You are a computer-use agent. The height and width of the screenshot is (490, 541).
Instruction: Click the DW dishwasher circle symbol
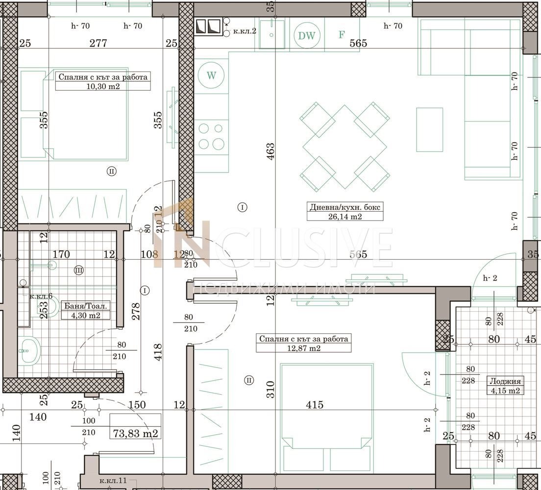[307, 35]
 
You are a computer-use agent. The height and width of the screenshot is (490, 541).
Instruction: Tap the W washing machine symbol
[211, 75]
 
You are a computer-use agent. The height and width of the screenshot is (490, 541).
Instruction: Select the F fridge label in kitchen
[342, 35]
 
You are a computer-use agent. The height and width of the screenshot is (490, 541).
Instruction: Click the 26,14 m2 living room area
[345, 216]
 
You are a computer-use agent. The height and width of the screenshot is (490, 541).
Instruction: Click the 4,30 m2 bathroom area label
[86, 315]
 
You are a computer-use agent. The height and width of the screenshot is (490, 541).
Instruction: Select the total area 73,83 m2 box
[135, 433]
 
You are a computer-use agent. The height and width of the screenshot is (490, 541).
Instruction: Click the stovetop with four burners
[211, 137]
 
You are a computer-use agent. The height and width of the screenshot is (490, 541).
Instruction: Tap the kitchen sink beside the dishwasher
[272, 34]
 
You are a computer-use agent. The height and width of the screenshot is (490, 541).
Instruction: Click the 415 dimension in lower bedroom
[315, 405]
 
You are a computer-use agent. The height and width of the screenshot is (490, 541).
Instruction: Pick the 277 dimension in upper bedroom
[98, 43]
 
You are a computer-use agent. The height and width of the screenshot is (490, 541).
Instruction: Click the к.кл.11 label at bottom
[113, 481]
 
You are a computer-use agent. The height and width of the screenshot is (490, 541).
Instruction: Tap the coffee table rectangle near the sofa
[429, 129]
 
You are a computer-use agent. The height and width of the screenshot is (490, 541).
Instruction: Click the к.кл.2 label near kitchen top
[245, 30]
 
